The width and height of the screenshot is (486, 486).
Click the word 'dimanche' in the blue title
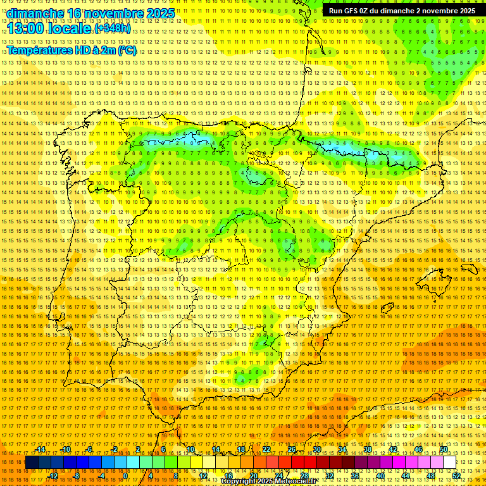[35, 13]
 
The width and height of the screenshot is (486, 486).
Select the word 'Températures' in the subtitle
[39, 50]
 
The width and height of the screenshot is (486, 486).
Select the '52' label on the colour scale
[456, 475]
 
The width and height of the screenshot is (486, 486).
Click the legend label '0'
[125, 475]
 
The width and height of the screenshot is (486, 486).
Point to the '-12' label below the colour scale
[53, 475]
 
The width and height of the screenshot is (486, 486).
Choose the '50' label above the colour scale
[444, 449]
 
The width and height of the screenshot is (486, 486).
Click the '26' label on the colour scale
[292, 449]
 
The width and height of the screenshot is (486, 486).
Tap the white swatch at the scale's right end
[450, 463]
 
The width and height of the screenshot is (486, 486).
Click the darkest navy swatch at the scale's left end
[32, 463]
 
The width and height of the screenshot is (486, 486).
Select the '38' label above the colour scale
[368, 449]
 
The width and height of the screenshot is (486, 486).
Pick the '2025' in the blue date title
[160, 13]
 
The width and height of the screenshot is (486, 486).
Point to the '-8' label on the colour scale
[77, 475]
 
